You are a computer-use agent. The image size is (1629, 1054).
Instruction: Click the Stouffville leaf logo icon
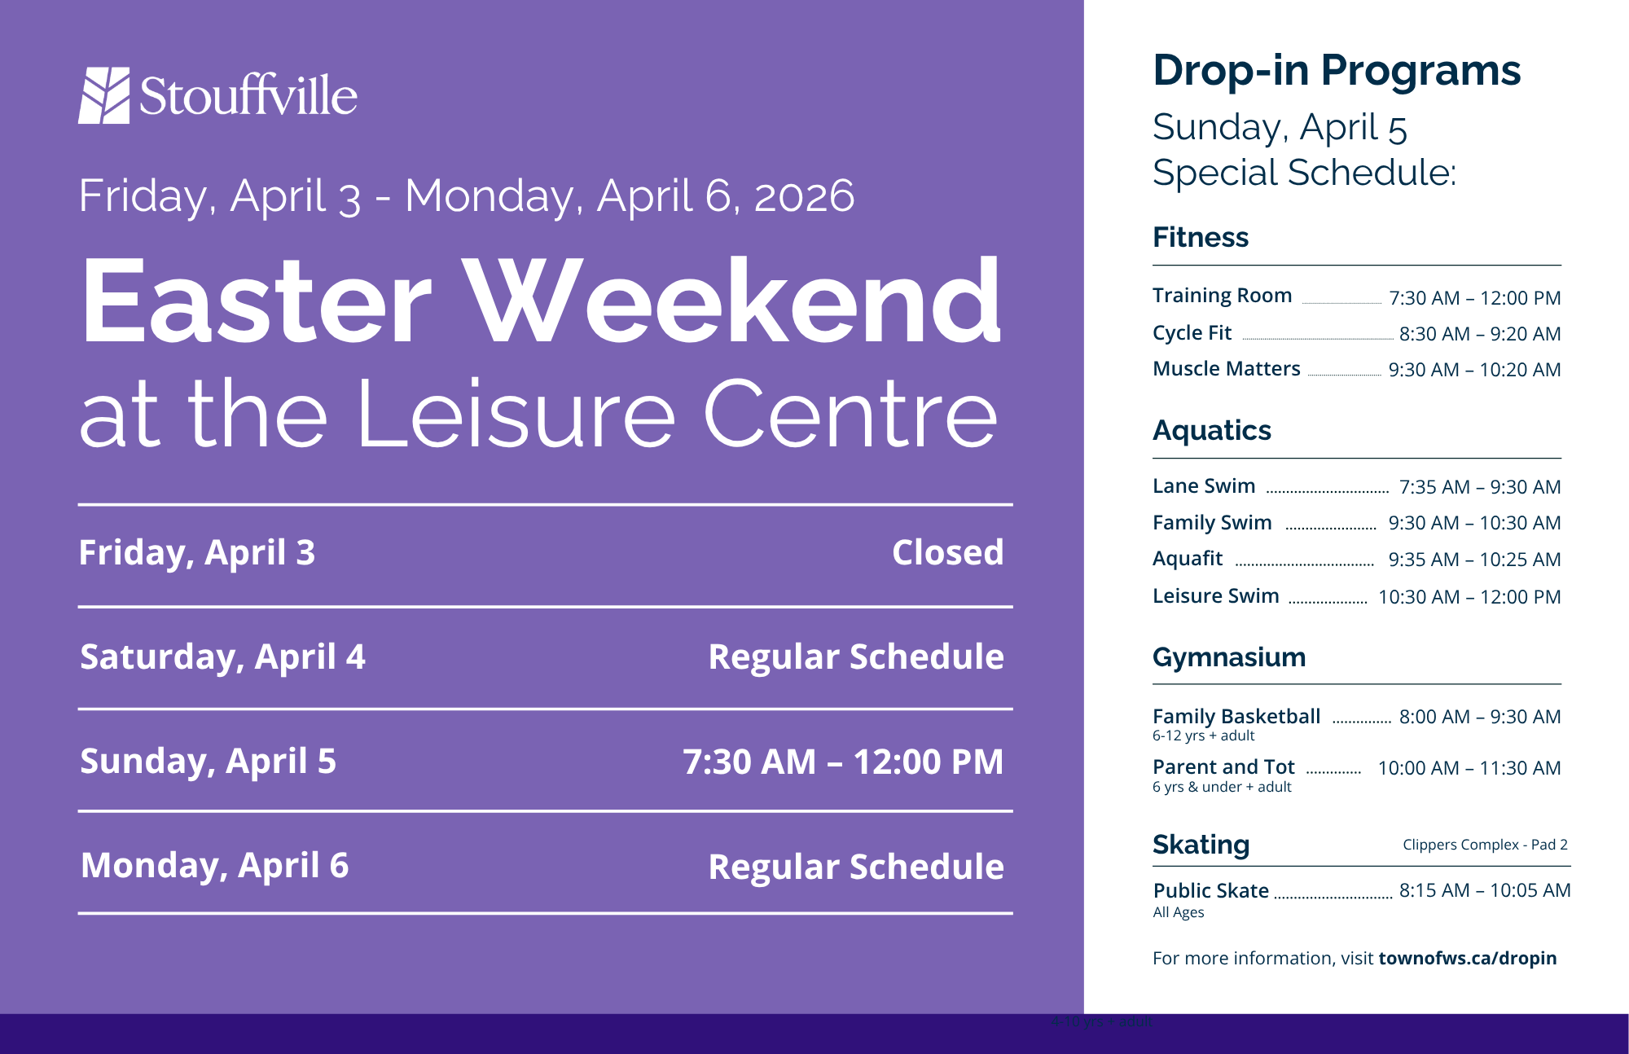104,95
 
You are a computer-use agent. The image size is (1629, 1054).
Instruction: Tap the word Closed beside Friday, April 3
948,552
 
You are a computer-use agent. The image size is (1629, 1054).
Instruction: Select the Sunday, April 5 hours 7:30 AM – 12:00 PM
843,762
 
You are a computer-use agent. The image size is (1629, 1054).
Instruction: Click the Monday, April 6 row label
215,866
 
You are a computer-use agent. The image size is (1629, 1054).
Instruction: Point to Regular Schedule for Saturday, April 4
856,657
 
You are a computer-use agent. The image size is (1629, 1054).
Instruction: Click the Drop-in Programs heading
1337,71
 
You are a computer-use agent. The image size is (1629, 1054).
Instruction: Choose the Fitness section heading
1201,237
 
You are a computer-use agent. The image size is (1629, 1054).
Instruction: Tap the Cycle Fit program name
1192,333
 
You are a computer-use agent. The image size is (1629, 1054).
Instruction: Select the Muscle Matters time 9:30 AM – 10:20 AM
1474,370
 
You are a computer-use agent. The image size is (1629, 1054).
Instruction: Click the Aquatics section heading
1212,430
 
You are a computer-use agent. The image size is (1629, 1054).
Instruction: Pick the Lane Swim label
1204,486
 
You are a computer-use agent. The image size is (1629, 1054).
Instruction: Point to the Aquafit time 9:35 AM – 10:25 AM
1474,560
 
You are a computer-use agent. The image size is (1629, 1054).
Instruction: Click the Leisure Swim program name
1216,596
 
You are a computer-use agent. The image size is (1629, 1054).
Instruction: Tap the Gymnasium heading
1229,657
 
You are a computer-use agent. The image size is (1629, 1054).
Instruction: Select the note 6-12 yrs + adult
1203,736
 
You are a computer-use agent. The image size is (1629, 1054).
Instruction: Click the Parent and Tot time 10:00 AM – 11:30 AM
1469,768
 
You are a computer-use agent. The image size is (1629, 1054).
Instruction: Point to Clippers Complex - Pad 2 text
1485,845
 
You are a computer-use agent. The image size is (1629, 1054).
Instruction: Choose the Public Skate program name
1211,891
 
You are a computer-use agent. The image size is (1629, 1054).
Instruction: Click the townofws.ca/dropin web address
1467,959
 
